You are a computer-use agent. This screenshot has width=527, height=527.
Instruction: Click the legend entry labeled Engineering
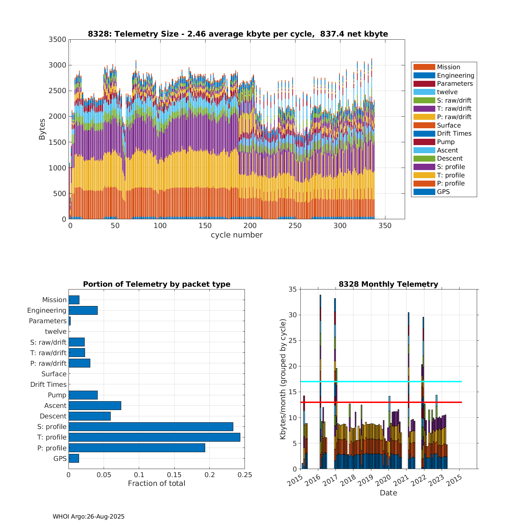pyautogui.click(x=455, y=76)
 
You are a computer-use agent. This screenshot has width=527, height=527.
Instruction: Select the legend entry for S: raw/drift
pyautogui.click(x=454, y=100)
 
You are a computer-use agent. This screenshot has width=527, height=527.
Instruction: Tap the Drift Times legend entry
pyautogui.click(x=454, y=134)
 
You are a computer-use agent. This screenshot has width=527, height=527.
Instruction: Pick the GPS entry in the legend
pyautogui.click(x=443, y=192)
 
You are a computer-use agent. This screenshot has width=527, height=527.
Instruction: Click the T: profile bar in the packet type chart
pyautogui.click(x=154, y=437)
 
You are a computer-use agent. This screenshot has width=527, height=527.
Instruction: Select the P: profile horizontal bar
pyautogui.click(x=137, y=448)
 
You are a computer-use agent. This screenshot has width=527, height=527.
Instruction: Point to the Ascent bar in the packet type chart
pyautogui.click(x=95, y=405)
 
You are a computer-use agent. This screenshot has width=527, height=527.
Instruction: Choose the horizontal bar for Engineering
pyautogui.click(x=83, y=310)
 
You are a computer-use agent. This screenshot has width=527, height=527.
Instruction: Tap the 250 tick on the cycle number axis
pyautogui.click(x=295, y=226)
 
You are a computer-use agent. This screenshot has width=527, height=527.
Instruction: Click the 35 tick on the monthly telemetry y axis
pyautogui.click(x=293, y=289)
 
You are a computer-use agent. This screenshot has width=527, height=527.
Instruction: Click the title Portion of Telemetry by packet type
pyautogui.click(x=157, y=284)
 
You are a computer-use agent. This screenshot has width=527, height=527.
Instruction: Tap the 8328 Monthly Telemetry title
pyautogui.click(x=388, y=284)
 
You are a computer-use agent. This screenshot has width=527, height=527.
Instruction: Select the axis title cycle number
pyautogui.click(x=236, y=235)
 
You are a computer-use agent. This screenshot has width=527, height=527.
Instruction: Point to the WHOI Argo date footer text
pyautogui.click(x=89, y=516)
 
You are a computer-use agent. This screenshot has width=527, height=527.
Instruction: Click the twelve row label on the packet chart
pyautogui.click(x=56, y=332)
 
